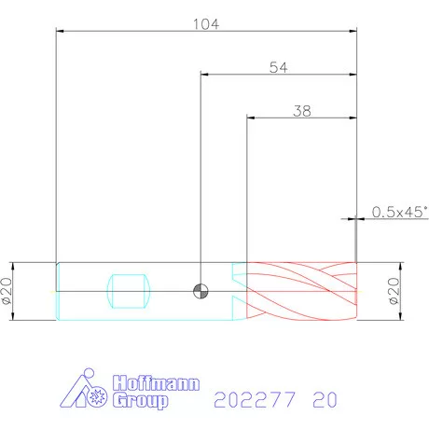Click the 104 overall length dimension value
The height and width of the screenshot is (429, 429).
tap(206, 24)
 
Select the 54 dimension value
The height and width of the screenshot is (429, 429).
tap(279, 67)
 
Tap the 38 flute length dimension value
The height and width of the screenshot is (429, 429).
tap(302, 111)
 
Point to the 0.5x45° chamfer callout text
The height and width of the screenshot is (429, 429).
tap(400, 212)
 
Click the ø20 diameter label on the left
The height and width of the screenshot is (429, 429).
tap(7, 291)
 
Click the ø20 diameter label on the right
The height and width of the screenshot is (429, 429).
tap(394, 291)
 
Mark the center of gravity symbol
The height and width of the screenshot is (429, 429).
tap(201, 291)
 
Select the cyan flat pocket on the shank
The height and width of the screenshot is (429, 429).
tap(129, 291)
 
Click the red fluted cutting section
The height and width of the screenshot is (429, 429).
tap(302, 291)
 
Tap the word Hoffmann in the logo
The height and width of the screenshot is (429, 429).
tap(156, 383)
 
